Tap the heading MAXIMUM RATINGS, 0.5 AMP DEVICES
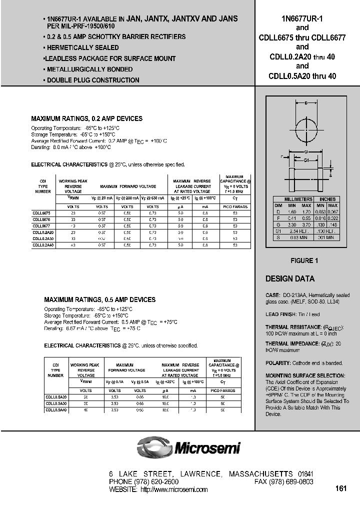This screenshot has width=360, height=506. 100,300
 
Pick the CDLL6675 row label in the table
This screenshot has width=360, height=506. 42,213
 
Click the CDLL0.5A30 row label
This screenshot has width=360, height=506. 55,403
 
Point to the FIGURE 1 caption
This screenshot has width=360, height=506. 304,260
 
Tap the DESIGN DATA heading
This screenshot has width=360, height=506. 290,279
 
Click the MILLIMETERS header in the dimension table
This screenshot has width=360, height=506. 298,199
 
